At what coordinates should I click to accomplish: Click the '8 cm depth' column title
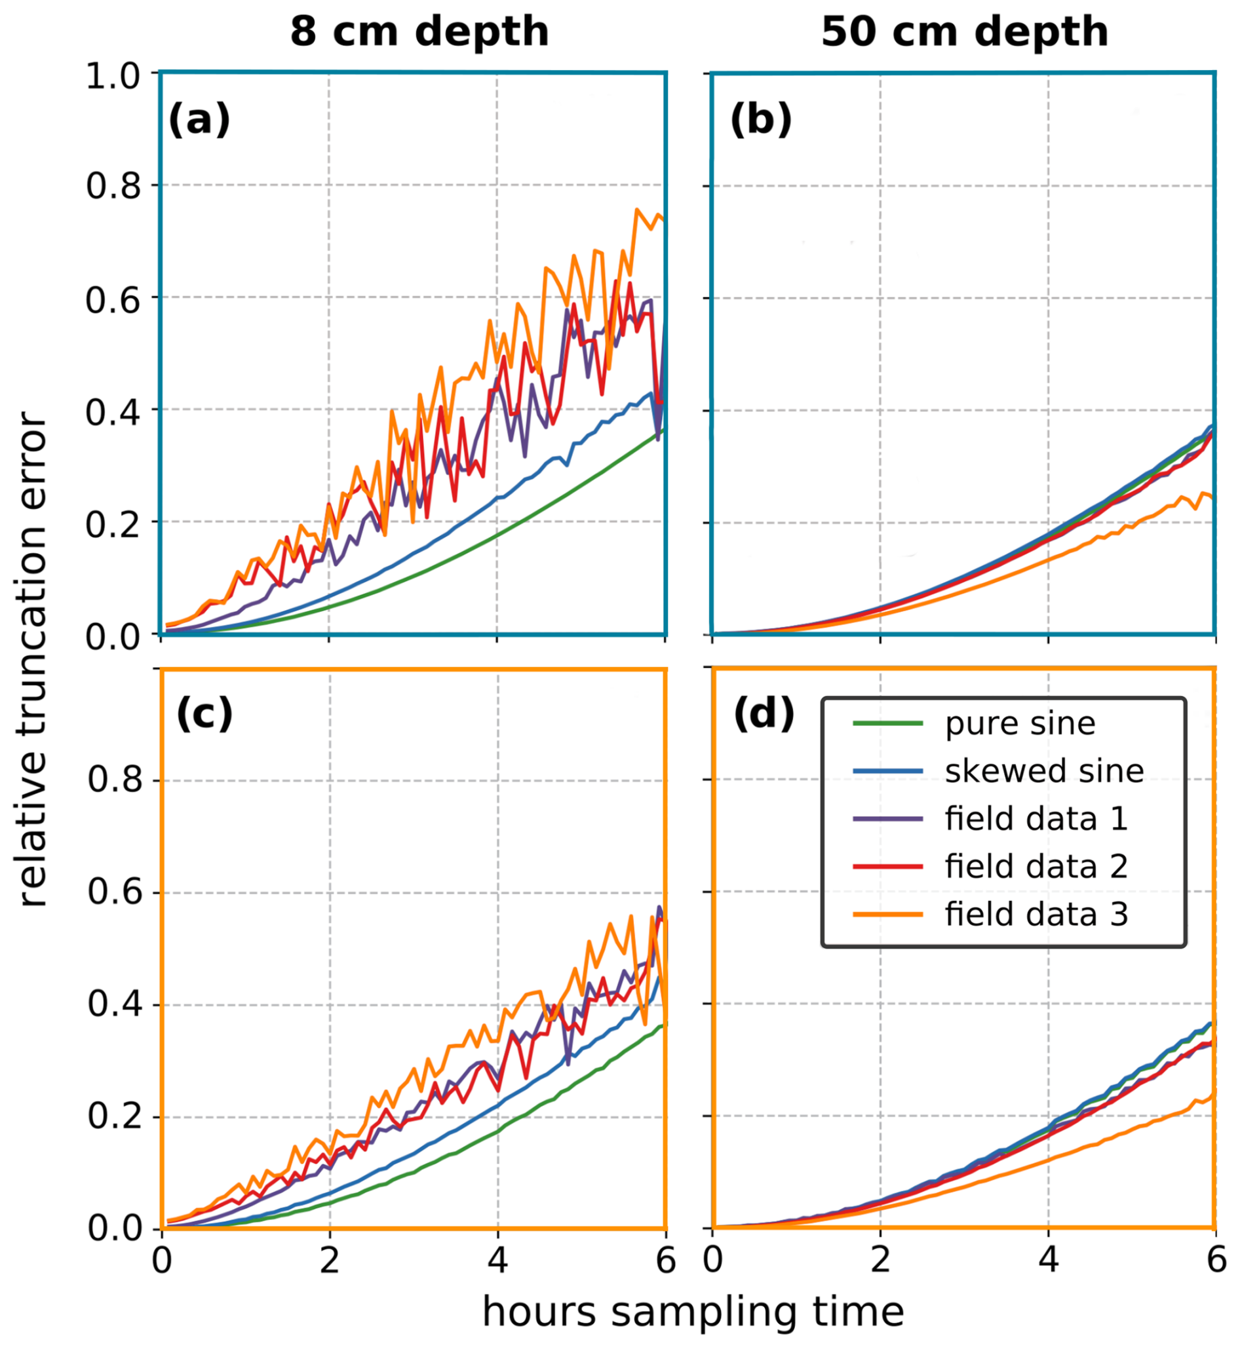(x=419, y=31)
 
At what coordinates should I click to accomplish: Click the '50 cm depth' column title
(x=964, y=31)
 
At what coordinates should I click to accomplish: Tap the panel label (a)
(x=199, y=120)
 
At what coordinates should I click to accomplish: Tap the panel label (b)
(x=761, y=120)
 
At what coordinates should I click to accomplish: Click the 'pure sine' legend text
(x=1020, y=724)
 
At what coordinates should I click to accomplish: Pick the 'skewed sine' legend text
(x=1044, y=771)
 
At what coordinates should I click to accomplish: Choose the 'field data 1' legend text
(x=1036, y=819)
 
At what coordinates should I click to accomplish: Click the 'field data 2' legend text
(x=1036, y=867)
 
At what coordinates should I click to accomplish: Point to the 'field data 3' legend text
(x=1036, y=915)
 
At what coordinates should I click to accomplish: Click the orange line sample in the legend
(x=887, y=915)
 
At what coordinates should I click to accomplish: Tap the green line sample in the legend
(x=887, y=723)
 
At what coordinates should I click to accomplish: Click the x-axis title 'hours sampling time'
(x=693, y=1312)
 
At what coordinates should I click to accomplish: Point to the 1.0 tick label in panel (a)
(x=113, y=77)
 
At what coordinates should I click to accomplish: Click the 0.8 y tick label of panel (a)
(x=113, y=186)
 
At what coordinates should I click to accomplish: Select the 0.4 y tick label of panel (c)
(x=115, y=1005)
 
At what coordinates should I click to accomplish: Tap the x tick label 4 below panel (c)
(x=497, y=1261)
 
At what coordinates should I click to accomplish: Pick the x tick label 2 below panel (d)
(x=880, y=1261)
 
